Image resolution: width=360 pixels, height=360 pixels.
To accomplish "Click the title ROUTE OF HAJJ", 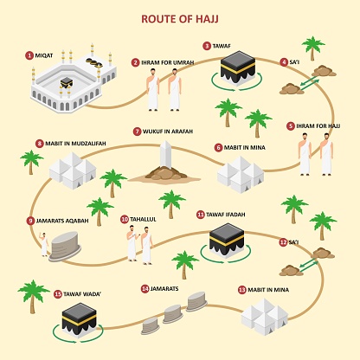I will pos(180,16).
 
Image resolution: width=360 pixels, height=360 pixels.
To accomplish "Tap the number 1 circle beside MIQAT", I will pos(29,55).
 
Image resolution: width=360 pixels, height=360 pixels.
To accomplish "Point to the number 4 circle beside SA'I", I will pos(285,62).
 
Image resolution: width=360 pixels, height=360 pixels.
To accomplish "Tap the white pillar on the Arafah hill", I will pos(166,157).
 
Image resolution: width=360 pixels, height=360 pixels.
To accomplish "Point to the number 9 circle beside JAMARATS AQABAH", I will pos(30,221).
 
